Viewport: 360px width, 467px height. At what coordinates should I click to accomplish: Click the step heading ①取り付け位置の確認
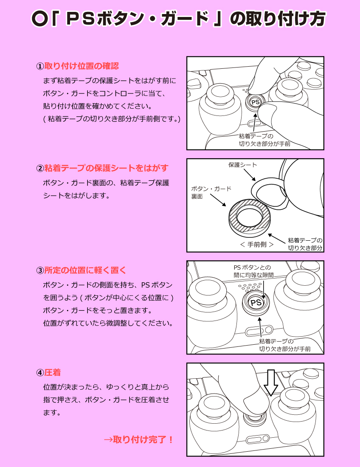(77, 66)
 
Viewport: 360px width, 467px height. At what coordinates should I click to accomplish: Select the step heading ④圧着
(48, 372)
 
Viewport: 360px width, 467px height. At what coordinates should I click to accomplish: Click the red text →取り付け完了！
(139, 439)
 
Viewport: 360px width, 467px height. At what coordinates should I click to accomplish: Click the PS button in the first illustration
(255, 102)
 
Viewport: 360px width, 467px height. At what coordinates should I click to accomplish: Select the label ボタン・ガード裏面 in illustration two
(211, 192)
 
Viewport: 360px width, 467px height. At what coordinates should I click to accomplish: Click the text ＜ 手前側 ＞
(256, 245)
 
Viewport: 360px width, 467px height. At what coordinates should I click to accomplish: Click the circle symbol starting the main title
(39, 18)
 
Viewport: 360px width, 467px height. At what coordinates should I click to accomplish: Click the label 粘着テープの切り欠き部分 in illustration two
(305, 244)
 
